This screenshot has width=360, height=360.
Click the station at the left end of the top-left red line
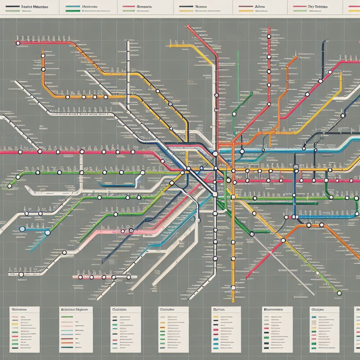click(x=18, y=43)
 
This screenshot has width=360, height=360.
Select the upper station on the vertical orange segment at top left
click(x=43, y=56)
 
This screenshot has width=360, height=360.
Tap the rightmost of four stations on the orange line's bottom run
click(x=106, y=97)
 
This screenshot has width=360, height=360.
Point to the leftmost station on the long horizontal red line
click(x=20, y=152)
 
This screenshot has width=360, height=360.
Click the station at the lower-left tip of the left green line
click(x=9, y=186)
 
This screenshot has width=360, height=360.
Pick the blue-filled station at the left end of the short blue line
click(x=22, y=229)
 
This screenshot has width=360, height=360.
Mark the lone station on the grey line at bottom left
click(x=21, y=274)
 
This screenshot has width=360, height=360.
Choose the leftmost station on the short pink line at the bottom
click(x=80, y=277)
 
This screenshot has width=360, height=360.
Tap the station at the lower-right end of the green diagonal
click(x=339, y=293)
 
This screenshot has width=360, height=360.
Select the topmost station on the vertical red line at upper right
click(x=269, y=36)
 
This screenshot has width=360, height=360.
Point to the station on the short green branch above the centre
click(x=234, y=114)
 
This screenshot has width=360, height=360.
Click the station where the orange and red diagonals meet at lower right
click(x=283, y=240)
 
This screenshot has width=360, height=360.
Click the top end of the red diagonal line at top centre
click(x=188, y=26)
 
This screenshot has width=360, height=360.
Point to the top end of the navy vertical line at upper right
click(x=324, y=41)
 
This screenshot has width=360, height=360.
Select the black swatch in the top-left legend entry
click(x=15, y=7)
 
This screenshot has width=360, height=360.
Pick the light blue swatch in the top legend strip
click(x=73, y=7)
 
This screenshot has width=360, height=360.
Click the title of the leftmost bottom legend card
click(x=19, y=309)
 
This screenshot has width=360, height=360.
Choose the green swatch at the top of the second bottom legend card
click(x=67, y=316)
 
